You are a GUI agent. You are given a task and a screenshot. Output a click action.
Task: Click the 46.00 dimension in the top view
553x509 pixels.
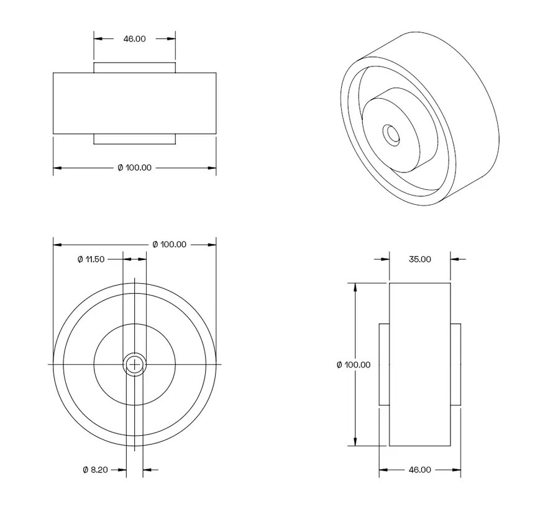(x=134, y=38)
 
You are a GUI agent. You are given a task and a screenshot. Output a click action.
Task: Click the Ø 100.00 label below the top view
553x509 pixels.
(x=134, y=168)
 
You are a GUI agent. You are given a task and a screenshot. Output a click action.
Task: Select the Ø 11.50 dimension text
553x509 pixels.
(x=91, y=259)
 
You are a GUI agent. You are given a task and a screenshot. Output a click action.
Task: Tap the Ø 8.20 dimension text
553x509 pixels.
(x=95, y=470)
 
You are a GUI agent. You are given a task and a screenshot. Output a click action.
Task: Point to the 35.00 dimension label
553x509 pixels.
(x=419, y=259)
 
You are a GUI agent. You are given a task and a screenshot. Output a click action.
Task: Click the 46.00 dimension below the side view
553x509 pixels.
(x=419, y=470)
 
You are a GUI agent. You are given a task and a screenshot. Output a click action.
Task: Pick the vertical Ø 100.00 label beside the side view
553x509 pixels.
(x=353, y=364)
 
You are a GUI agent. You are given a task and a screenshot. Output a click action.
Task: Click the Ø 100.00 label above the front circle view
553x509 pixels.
(x=169, y=245)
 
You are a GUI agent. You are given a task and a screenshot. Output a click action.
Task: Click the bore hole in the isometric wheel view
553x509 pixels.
(x=391, y=134)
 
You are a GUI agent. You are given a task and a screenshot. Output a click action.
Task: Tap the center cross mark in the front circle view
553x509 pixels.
(x=134, y=364)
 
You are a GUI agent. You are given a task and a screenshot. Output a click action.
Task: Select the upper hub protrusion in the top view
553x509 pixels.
(x=134, y=67)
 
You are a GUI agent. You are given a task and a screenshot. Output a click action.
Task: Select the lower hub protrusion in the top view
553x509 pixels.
(x=134, y=139)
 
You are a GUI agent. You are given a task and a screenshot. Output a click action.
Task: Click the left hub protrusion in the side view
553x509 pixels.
(x=384, y=364)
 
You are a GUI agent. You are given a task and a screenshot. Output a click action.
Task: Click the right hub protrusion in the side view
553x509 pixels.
(x=455, y=364)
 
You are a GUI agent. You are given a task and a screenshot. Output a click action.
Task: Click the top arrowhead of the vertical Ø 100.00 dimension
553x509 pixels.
(x=355, y=287)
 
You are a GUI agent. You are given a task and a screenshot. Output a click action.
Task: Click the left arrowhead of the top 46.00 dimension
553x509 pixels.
(x=98, y=38)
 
